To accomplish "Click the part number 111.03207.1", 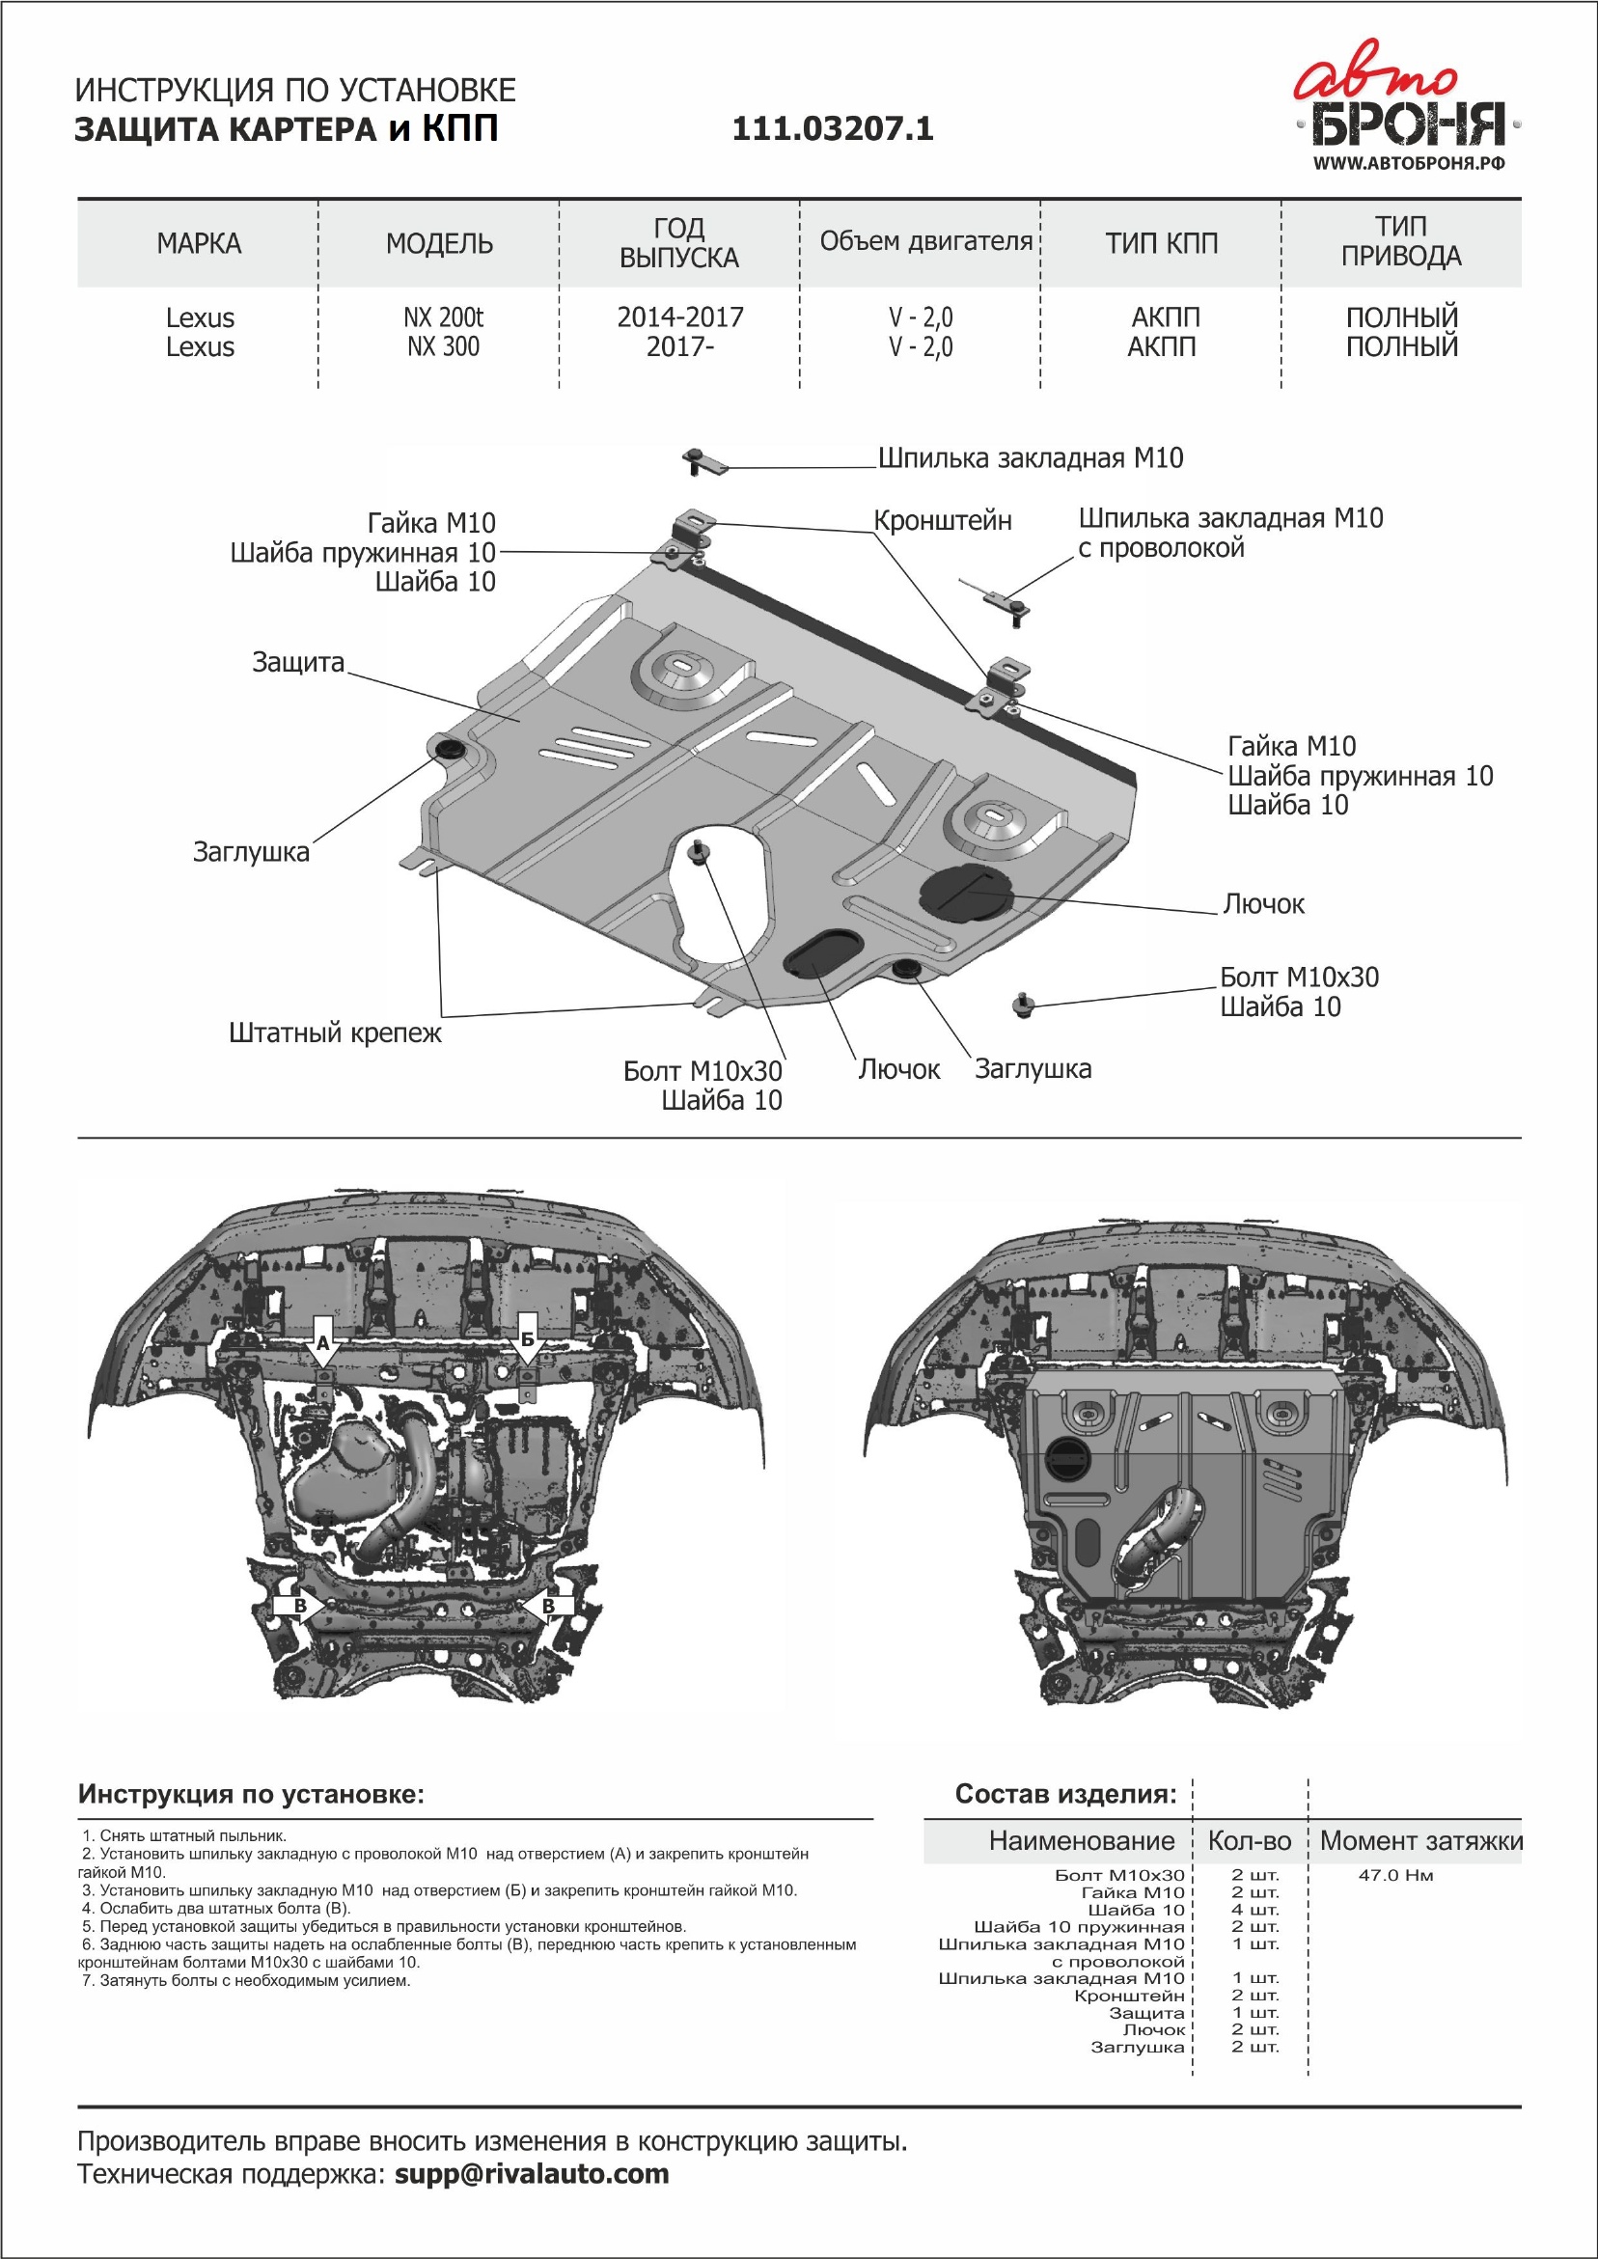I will (833, 129).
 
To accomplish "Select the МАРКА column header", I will (199, 243).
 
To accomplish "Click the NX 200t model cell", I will (443, 317).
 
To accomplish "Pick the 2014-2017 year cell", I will (680, 317).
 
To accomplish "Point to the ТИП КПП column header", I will (1161, 243).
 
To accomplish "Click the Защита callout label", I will (298, 662).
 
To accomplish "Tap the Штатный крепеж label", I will (335, 1033).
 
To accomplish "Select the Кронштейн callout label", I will (943, 520).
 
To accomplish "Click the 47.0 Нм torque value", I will (1395, 1875).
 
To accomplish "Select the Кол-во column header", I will (1250, 1841).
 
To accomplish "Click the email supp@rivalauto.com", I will (532, 2173).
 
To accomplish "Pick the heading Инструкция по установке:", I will (251, 1795).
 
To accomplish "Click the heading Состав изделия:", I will (1065, 1795).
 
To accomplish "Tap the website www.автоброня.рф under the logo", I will (1408, 163).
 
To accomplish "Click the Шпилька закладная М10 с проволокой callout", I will (1230, 533).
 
